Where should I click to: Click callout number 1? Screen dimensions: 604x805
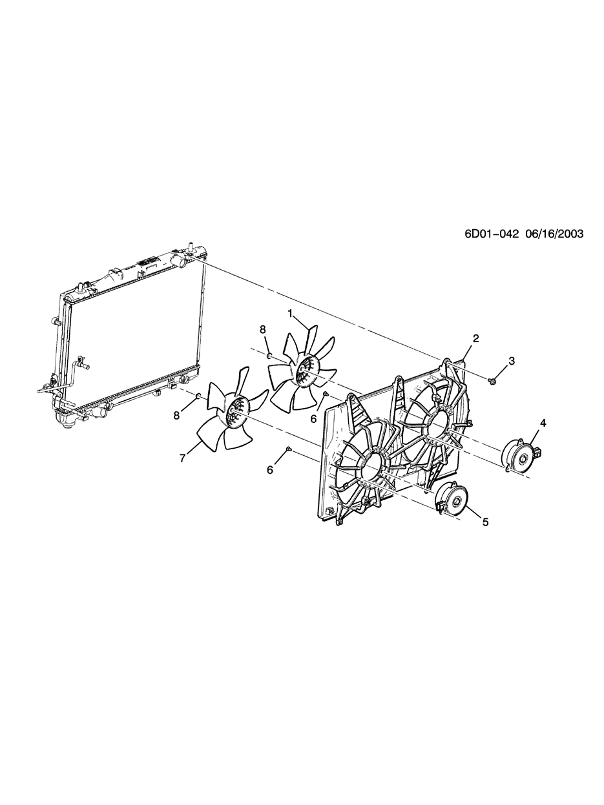click(290, 313)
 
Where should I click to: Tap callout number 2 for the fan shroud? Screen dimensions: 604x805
click(475, 338)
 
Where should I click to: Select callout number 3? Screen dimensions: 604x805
click(512, 361)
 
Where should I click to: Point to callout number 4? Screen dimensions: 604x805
click(543, 423)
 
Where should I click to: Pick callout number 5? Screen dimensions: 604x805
click(485, 522)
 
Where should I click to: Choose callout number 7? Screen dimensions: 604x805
click(183, 458)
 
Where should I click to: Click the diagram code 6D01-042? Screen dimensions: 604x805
click(492, 234)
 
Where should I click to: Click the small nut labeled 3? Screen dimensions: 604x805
click(492, 380)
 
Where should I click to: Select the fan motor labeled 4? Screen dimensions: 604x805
click(519, 456)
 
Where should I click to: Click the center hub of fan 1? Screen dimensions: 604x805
click(302, 372)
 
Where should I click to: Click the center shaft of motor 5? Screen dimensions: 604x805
click(455, 501)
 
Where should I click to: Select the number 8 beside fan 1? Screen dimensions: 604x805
click(263, 329)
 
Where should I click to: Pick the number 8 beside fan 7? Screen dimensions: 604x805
click(176, 416)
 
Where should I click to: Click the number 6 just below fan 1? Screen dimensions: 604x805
click(314, 418)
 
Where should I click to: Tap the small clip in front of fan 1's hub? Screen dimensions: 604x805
click(326, 393)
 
